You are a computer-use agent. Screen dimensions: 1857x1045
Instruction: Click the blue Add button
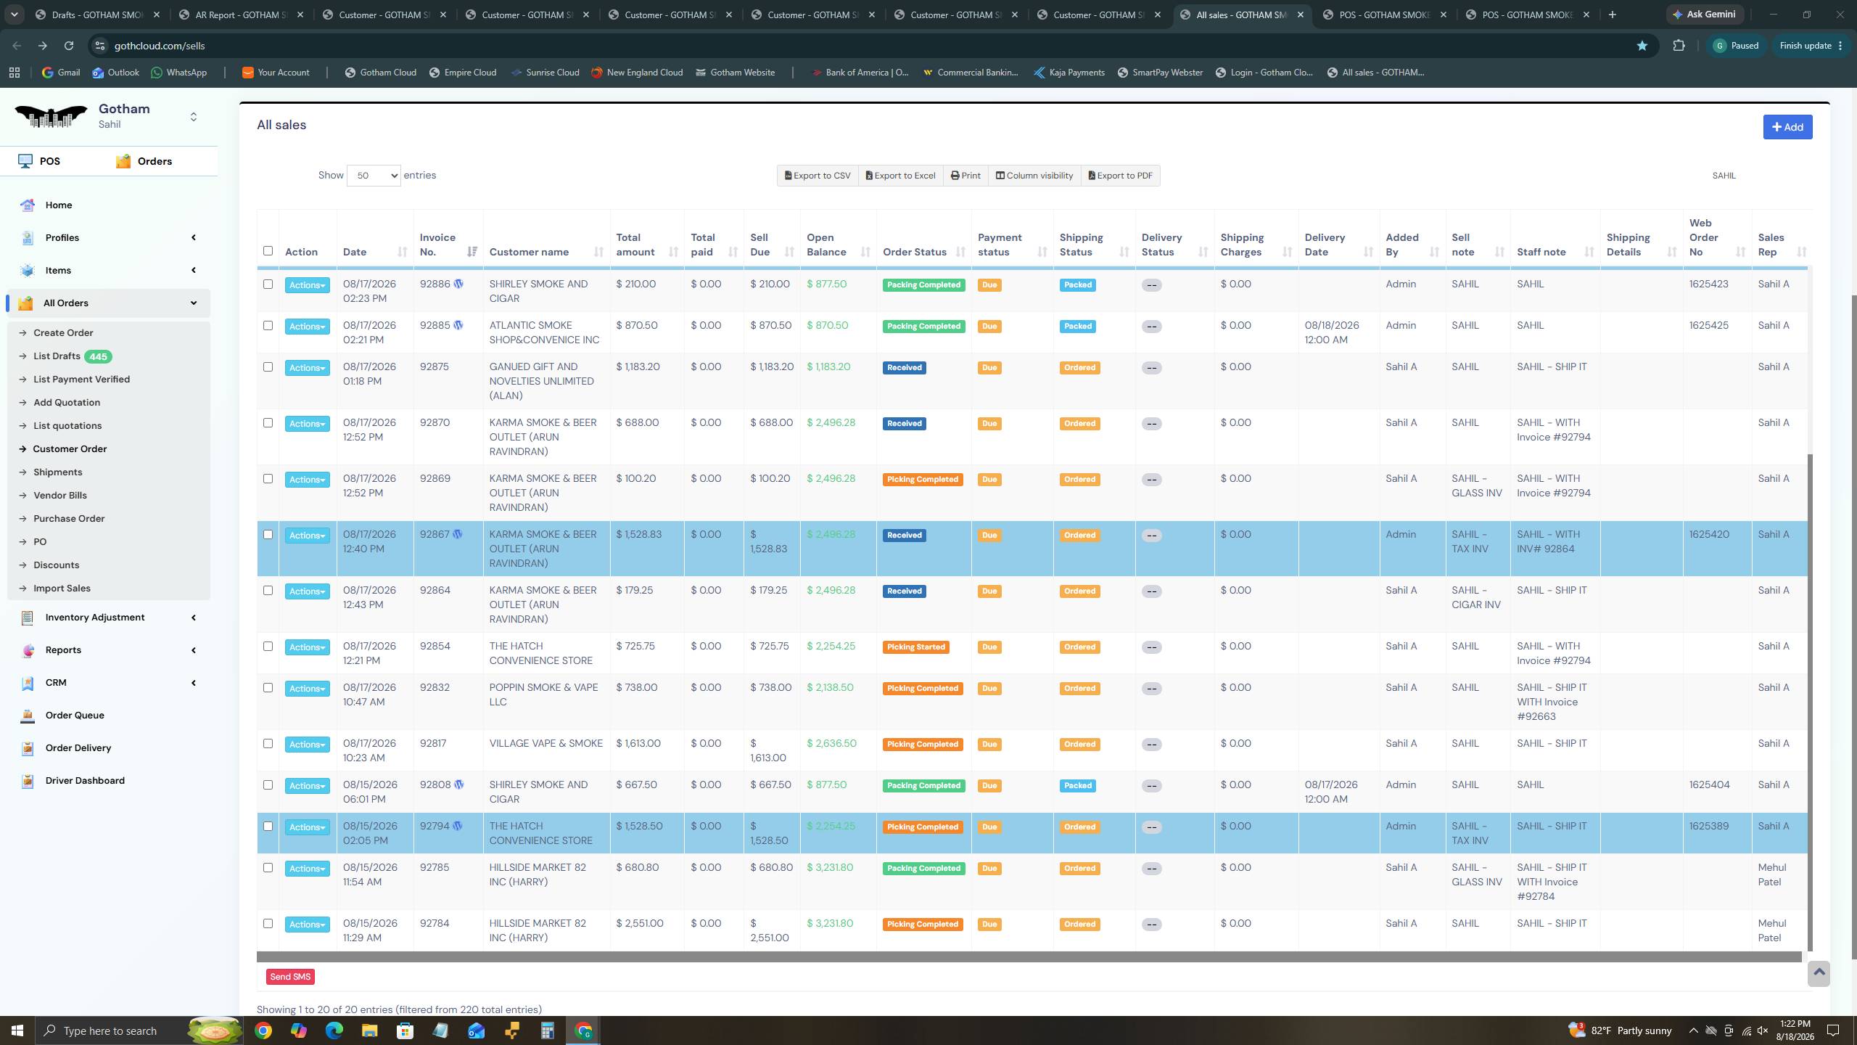(x=1787, y=127)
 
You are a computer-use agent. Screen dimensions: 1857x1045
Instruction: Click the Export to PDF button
(x=1120, y=176)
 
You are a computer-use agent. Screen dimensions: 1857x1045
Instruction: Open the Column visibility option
(x=1034, y=176)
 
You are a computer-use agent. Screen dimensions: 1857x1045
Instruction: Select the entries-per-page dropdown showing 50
(x=374, y=176)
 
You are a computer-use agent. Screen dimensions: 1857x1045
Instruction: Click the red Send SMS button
(x=290, y=977)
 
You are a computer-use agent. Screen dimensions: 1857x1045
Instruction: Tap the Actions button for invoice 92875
(x=307, y=368)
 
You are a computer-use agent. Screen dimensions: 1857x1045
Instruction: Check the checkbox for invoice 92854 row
(x=268, y=646)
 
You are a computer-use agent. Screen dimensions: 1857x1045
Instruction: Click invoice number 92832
(x=435, y=687)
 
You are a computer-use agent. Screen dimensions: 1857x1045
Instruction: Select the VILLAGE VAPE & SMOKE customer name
(x=546, y=743)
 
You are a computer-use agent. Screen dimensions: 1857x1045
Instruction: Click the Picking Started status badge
(x=915, y=647)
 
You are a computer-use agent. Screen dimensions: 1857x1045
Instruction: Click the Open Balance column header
(x=826, y=245)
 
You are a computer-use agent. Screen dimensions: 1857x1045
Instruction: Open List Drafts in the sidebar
(x=57, y=356)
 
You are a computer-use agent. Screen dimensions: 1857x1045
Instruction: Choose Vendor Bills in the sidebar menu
(x=60, y=496)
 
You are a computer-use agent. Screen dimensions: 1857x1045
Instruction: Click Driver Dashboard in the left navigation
(x=85, y=781)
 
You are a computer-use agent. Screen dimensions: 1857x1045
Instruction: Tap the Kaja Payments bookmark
(x=1069, y=73)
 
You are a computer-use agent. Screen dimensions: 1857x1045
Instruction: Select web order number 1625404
(x=1709, y=784)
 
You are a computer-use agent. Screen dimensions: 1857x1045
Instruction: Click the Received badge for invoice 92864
(x=905, y=591)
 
